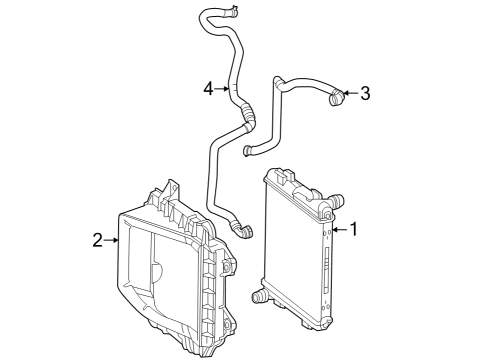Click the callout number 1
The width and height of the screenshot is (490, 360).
pos(353,229)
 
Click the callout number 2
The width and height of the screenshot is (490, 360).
pos(97,240)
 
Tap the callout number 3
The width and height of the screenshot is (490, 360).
pos(365,93)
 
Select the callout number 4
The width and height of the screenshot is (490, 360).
pos(208,89)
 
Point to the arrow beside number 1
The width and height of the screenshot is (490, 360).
pos(339,229)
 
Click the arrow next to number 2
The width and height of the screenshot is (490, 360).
pos(111,240)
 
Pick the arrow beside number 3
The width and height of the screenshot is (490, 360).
pos(350,93)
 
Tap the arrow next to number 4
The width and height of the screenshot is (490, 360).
pos(222,89)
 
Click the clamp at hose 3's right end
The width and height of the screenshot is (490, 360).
pos(336,96)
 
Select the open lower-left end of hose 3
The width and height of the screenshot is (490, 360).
pos(247,151)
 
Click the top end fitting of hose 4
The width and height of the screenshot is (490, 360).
pos(232,11)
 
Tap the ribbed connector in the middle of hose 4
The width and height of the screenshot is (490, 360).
pos(247,114)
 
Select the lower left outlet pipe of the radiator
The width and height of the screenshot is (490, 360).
pos(259,296)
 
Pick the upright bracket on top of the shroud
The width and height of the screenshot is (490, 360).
pos(172,191)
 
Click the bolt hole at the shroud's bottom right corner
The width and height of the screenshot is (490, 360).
pos(227,324)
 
